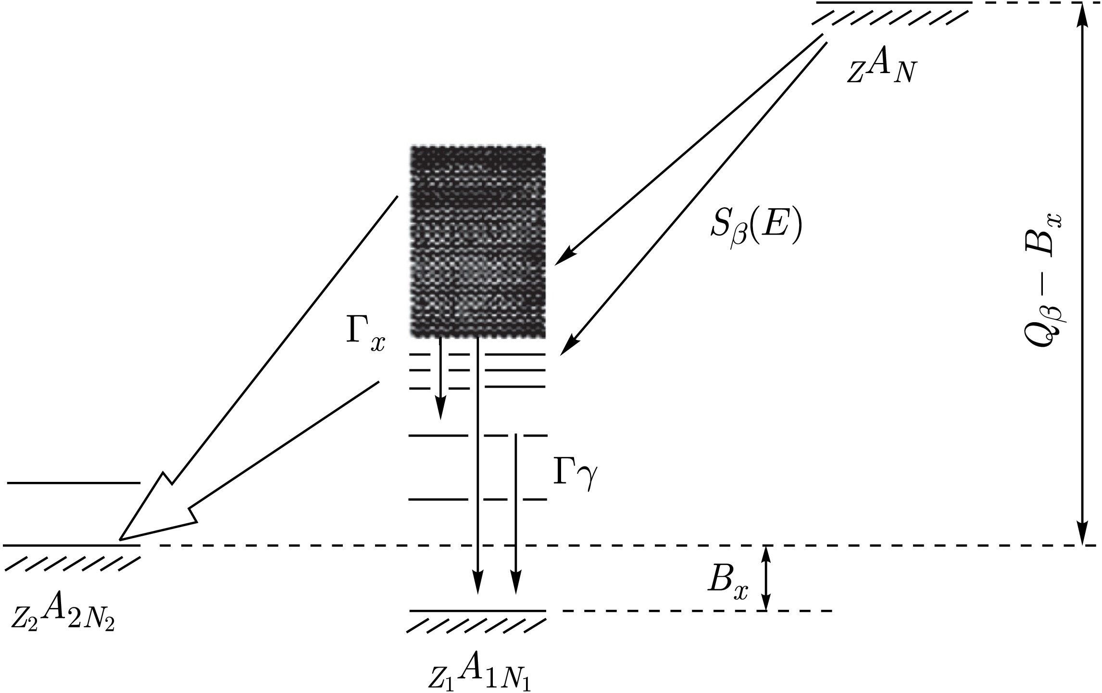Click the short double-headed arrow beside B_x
(x=766, y=577)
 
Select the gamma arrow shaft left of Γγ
(x=516, y=505)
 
